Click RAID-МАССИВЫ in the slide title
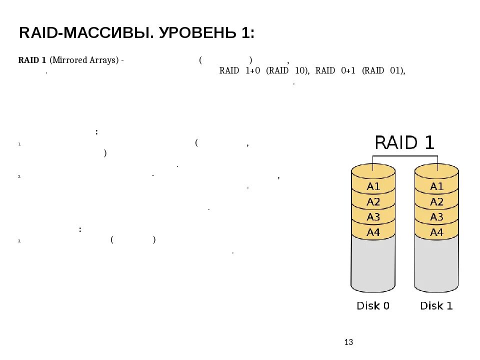click(86, 33)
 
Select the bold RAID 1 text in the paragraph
click(32, 60)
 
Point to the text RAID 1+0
click(240, 70)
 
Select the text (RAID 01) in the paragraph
click(383, 70)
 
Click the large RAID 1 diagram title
click(405, 143)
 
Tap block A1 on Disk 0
click(373, 186)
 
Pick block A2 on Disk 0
click(373, 202)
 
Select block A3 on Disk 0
click(373, 217)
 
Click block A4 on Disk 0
click(373, 232)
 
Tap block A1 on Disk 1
click(437, 186)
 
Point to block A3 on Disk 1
click(437, 217)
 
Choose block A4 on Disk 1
click(437, 232)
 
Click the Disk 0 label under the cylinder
click(373, 305)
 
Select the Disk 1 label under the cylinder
click(436, 305)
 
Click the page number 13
click(349, 342)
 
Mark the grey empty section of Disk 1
click(437, 265)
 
